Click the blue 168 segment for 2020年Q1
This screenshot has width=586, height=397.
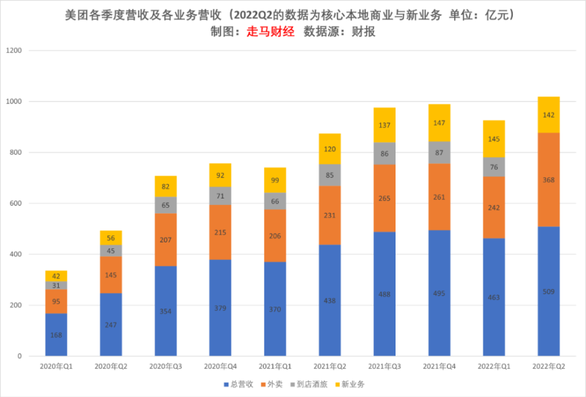pyautogui.click(x=56, y=334)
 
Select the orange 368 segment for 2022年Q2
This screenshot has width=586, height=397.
pyautogui.click(x=548, y=180)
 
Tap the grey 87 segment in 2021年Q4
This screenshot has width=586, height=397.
pyautogui.click(x=439, y=152)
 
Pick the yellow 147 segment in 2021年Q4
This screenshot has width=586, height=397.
pyautogui.click(x=439, y=123)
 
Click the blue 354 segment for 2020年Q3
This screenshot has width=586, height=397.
pyautogui.click(x=166, y=311)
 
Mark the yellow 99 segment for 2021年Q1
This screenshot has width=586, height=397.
pyautogui.click(x=275, y=180)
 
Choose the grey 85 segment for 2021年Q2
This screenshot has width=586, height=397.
pyautogui.click(x=330, y=174)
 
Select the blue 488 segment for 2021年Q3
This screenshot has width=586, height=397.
pyautogui.click(x=384, y=294)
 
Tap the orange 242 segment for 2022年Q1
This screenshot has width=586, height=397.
pyautogui.click(x=494, y=207)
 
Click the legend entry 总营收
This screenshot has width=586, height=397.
pyautogui.click(x=240, y=385)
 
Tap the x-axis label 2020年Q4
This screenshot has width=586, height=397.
pyautogui.click(x=220, y=367)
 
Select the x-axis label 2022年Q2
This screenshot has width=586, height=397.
pyautogui.click(x=548, y=367)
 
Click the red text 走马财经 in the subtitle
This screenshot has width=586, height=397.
pyautogui.click(x=270, y=32)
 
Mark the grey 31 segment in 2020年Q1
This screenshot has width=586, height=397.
pyautogui.click(x=56, y=285)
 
